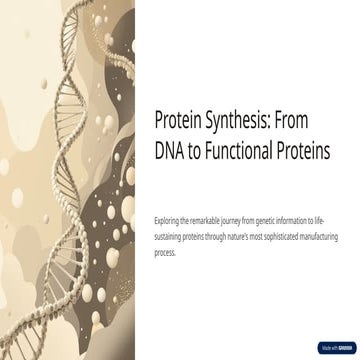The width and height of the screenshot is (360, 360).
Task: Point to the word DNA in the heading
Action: (173, 151)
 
